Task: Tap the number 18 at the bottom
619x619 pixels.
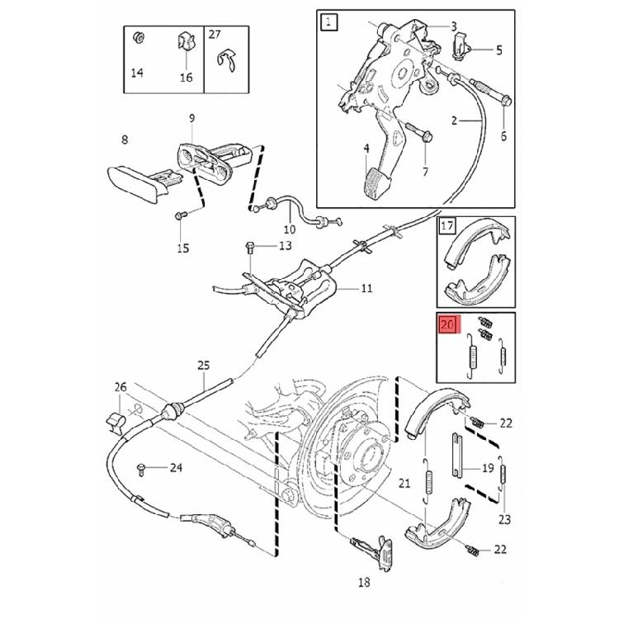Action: (x=363, y=584)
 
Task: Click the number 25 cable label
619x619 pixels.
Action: (x=204, y=366)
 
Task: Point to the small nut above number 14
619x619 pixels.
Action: (x=139, y=36)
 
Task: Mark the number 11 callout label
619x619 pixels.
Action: (x=366, y=289)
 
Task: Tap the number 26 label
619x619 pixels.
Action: (x=120, y=387)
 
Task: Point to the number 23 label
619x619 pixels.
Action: (x=504, y=519)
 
